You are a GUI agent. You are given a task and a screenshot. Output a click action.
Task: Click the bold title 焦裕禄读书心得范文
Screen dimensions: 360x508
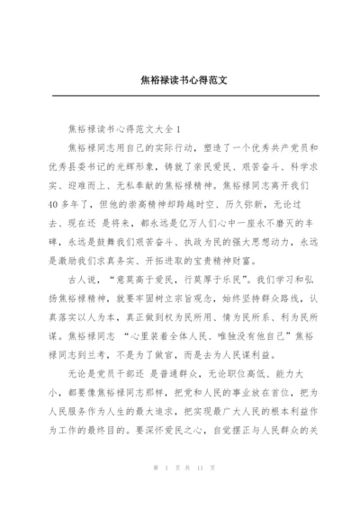pyautogui.click(x=179, y=79)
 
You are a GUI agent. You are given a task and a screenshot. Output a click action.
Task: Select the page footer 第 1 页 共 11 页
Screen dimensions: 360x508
pyautogui.click(x=180, y=494)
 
